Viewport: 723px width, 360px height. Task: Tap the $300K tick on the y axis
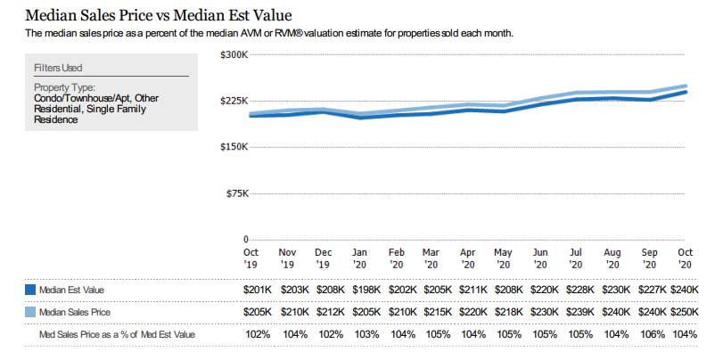pyautogui.click(x=234, y=55)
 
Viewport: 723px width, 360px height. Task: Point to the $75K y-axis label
pyautogui.click(x=236, y=193)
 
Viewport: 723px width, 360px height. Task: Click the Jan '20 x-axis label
pyautogui.click(x=359, y=258)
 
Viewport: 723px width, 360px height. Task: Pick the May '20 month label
pyautogui.click(x=503, y=258)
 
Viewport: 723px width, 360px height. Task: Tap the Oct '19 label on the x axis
pyautogui.click(x=251, y=258)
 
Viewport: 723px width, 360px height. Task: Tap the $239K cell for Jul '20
pyautogui.click(x=576, y=313)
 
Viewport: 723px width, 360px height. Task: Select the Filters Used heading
pyautogui.click(x=58, y=68)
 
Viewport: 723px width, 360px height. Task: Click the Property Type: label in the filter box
pyautogui.click(x=64, y=87)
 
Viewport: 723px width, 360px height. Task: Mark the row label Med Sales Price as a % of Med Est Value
pyautogui.click(x=117, y=334)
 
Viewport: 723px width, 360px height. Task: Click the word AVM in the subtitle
pyautogui.click(x=269, y=33)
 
